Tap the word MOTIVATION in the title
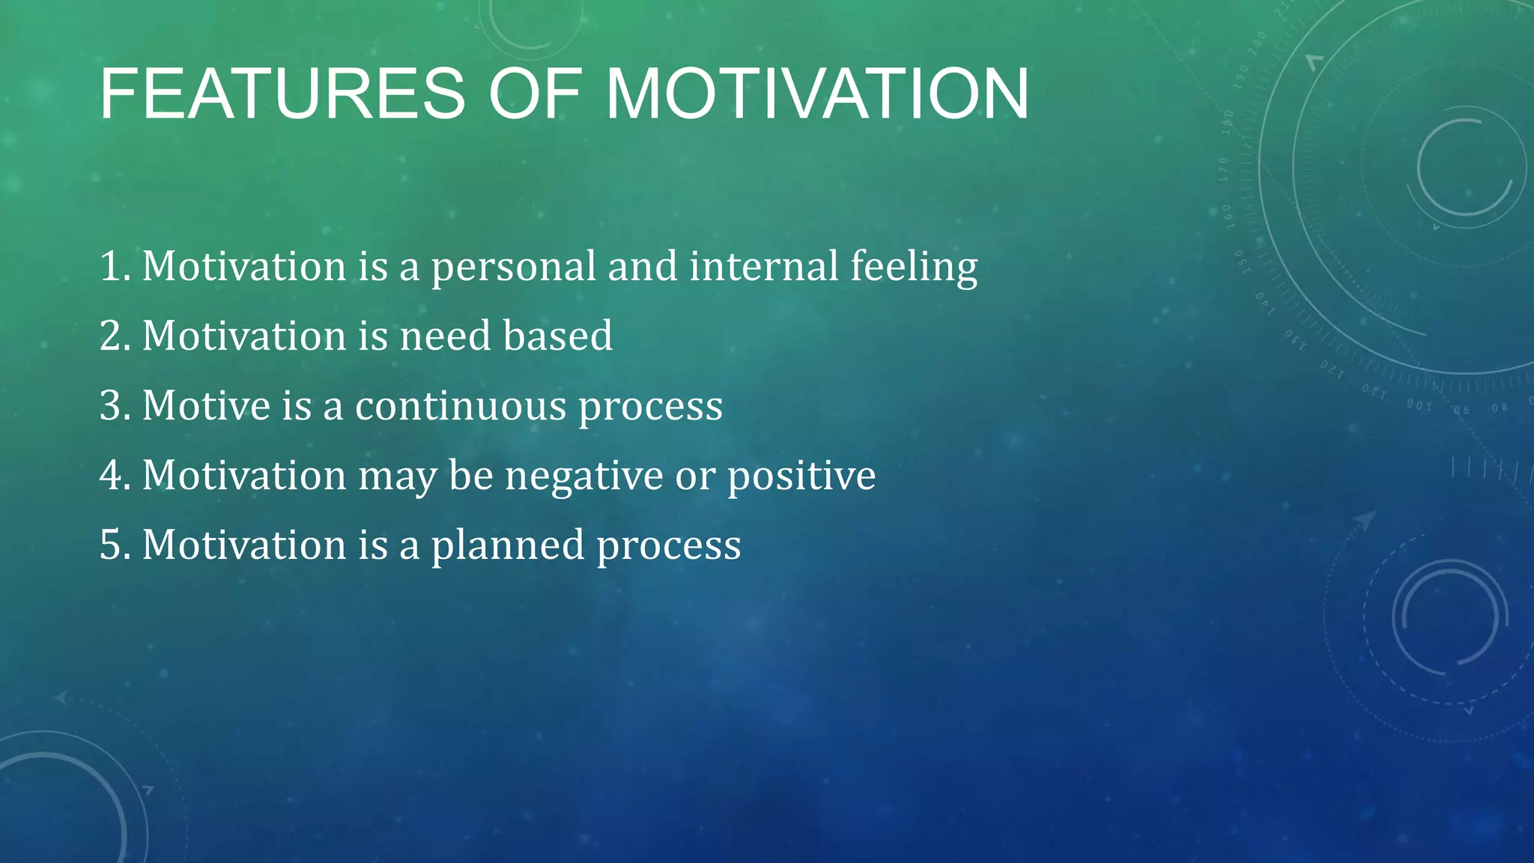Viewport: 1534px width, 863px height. pyautogui.click(x=817, y=94)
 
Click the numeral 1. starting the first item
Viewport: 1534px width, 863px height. pyautogui.click(x=115, y=266)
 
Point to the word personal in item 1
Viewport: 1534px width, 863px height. pyautogui.click(x=513, y=267)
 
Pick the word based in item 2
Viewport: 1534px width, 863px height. pyautogui.click(x=558, y=336)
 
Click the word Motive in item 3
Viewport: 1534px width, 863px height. pyautogui.click(x=206, y=405)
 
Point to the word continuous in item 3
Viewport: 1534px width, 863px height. pyautogui.click(x=461, y=405)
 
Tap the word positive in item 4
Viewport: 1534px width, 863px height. pyautogui.click(x=801, y=476)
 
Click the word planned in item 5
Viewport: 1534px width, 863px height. pyautogui.click(x=507, y=545)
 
